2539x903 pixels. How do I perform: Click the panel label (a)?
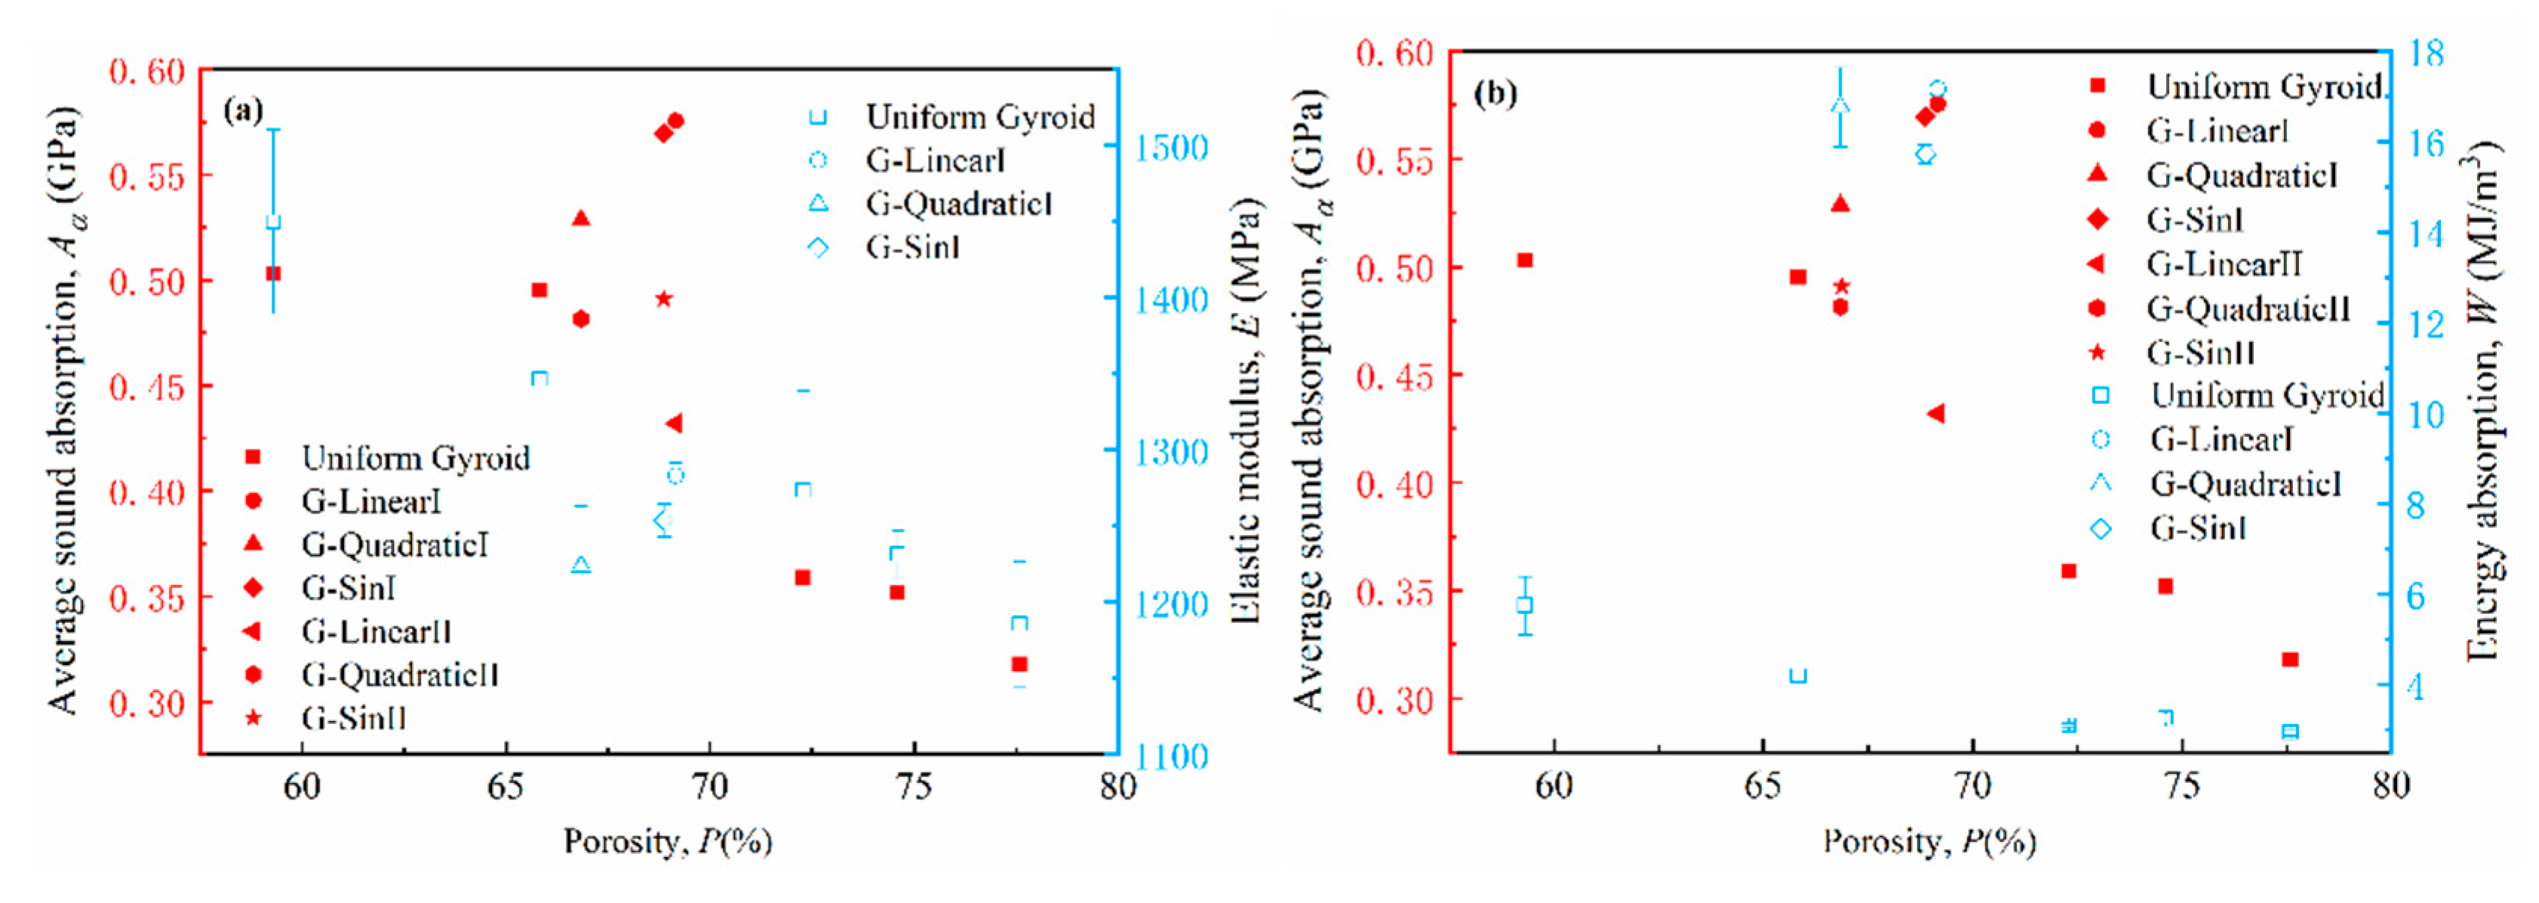click(x=242, y=109)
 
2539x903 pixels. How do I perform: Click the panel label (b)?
click(x=1494, y=94)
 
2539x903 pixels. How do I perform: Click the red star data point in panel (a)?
click(x=663, y=299)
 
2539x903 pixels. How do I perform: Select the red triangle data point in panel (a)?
click(x=580, y=218)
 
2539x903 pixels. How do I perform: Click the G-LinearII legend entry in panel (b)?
click(x=2224, y=264)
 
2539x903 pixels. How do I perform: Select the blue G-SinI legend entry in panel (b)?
click(x=2197, y=529)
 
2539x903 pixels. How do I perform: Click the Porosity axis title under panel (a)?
click(x=667, y=841)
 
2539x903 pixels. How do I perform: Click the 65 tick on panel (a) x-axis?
click(x=506, y=787)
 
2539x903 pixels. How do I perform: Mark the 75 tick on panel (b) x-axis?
click(x=2181, y=786)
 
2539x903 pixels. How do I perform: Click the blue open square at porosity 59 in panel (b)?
click(x=1525, y=606)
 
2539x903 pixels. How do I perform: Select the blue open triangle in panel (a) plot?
click(x=580, y=565)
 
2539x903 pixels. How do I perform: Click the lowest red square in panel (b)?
click(x=2290, y=658)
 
